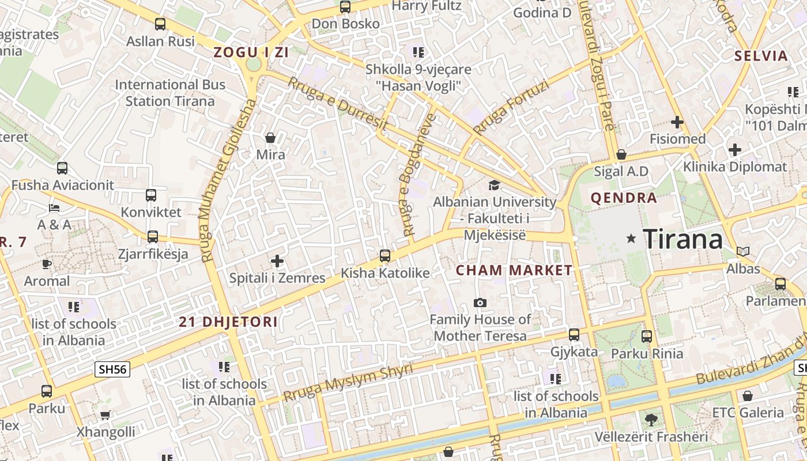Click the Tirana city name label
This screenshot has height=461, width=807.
[682, 239]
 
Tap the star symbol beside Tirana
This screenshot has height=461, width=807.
[631, 238]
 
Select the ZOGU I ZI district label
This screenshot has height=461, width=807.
[251, 52]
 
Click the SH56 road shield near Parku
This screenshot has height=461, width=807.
[113, 370]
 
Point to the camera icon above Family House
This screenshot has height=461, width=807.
[480, 303]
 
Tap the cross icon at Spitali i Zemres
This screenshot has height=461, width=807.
[277, 261]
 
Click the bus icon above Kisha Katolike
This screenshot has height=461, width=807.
[385, 255]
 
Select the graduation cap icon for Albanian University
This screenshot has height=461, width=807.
[494, 185]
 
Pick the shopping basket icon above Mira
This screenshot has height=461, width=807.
[270, 138]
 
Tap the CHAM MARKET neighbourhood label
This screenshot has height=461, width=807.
[514, 270]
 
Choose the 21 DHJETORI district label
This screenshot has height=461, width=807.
[228, 322]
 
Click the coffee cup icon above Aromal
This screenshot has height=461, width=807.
[47, 264]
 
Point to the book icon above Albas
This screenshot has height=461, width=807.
[743, 251]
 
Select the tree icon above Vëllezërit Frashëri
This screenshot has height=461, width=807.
[651, 419]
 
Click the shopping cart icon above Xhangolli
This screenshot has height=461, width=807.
[105, 415]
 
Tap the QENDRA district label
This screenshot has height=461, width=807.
[624, 198]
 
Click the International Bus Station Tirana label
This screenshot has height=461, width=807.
[170, 93]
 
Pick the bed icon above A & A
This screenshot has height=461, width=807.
[54, 207]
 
